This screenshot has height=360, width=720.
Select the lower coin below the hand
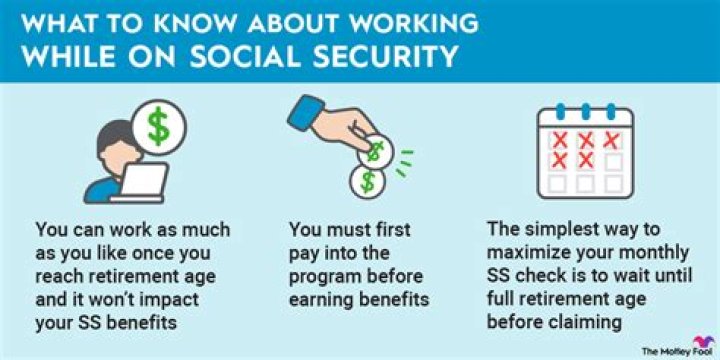370,184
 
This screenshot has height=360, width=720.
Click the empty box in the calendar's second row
612,160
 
